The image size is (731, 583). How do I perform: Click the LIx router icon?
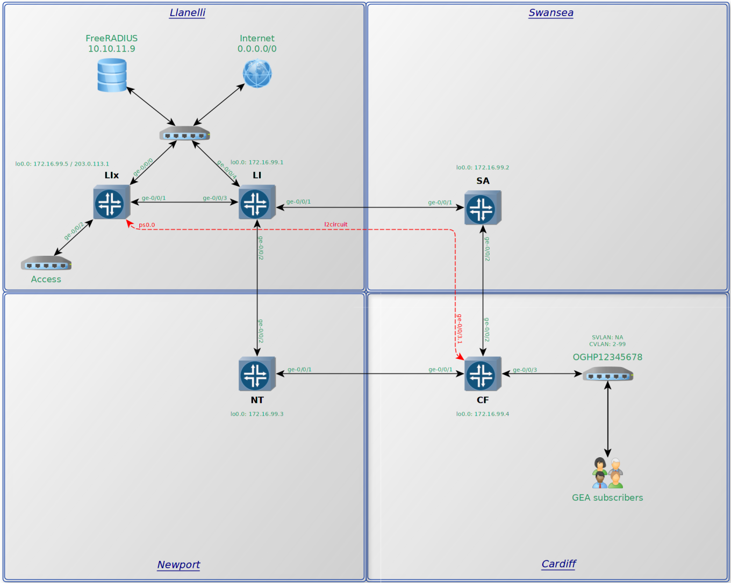(111, 203)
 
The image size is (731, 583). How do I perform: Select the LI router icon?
(257, 203)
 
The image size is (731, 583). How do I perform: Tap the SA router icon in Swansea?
(483, 208)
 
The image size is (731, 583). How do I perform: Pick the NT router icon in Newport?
(257, 374)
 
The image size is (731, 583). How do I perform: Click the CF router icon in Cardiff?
(483, 374)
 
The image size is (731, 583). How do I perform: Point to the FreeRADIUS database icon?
(112, 75)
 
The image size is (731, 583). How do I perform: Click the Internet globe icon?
(257, 74)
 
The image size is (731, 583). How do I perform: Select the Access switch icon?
(46, 263)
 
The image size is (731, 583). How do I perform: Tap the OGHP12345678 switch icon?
(608, 374)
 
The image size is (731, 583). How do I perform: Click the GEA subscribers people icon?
(607, 473)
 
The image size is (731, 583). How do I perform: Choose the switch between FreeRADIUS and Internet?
(184, 133)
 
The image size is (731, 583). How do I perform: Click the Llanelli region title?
(187, 13)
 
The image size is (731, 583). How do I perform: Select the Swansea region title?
(551, 13)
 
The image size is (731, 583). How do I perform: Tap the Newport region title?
(178, 565)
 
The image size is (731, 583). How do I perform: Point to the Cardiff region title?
(558, 564)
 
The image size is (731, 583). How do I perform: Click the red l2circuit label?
(336, 225)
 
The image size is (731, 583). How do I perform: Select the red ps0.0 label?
(147, 225)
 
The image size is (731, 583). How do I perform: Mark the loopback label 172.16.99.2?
(483, 168)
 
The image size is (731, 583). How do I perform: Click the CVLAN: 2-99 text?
(607, 344)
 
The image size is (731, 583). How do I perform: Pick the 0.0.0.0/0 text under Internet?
(257, 49)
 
